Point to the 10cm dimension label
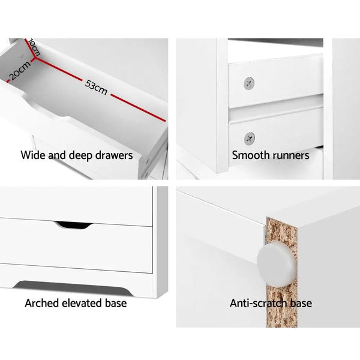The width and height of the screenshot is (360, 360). point(31,47)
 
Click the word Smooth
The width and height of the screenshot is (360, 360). point(250,155)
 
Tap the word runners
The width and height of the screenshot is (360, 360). point(290,155)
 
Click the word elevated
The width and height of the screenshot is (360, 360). point(85,303)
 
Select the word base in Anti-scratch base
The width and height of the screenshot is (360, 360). point(300,303)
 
